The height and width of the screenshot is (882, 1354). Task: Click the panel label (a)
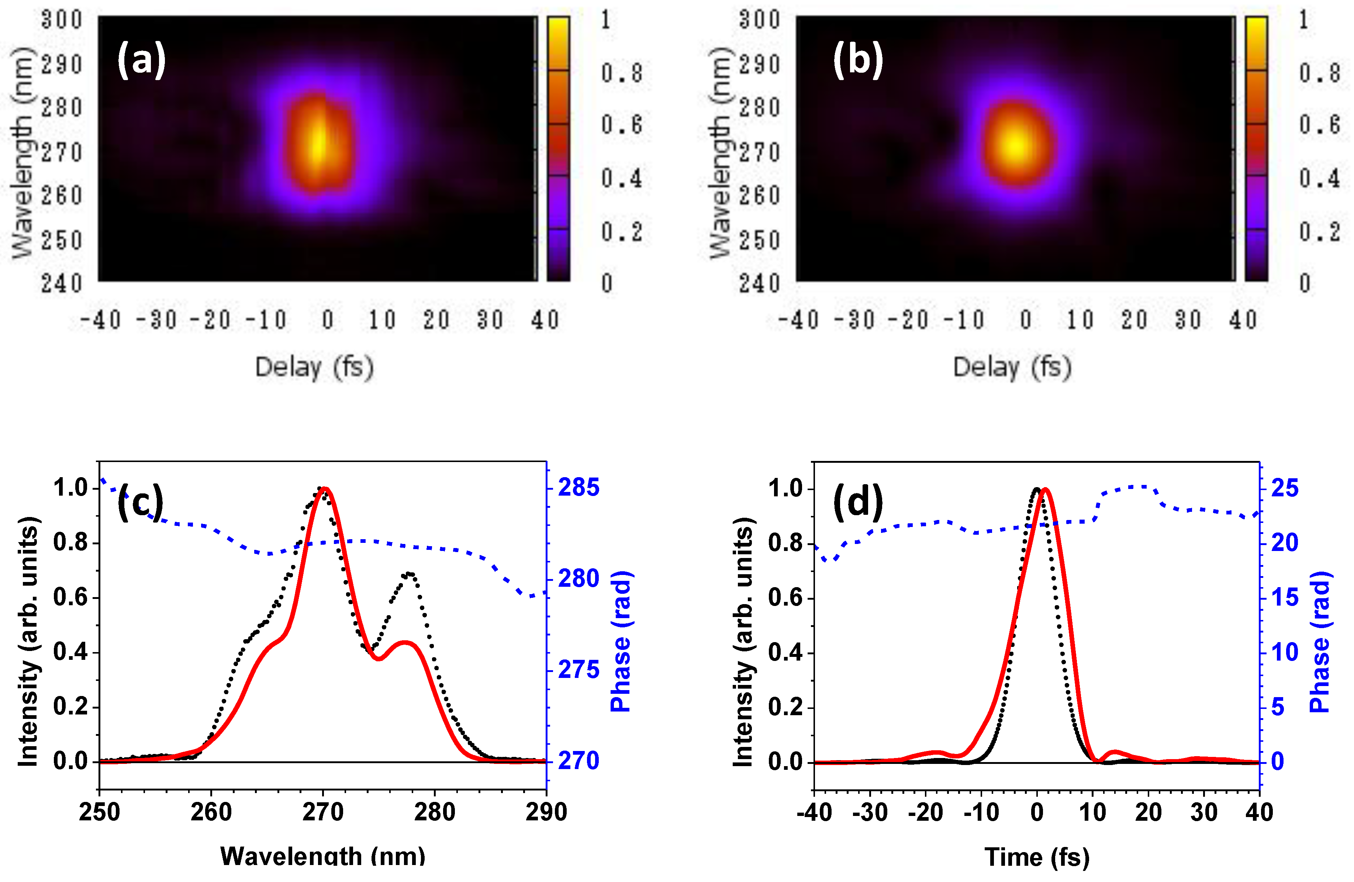coord(141,60)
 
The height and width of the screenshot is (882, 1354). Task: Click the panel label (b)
coord(858,60)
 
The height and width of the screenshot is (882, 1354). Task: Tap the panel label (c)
coord(140,503)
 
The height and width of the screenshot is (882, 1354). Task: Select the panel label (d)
coord(858,503)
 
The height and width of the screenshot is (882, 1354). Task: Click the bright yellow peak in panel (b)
coord(1015,145)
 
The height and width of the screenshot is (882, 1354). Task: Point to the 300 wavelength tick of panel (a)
coord(62,20)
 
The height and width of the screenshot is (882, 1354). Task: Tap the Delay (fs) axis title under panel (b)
coord(1012,367)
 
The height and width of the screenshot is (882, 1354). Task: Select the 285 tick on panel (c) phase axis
coord(578,487)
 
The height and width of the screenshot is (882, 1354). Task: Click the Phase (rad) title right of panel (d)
coord(1320,642)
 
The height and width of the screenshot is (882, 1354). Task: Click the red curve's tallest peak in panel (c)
coord(324,489)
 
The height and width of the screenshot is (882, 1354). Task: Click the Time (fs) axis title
coord(1037,857)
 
